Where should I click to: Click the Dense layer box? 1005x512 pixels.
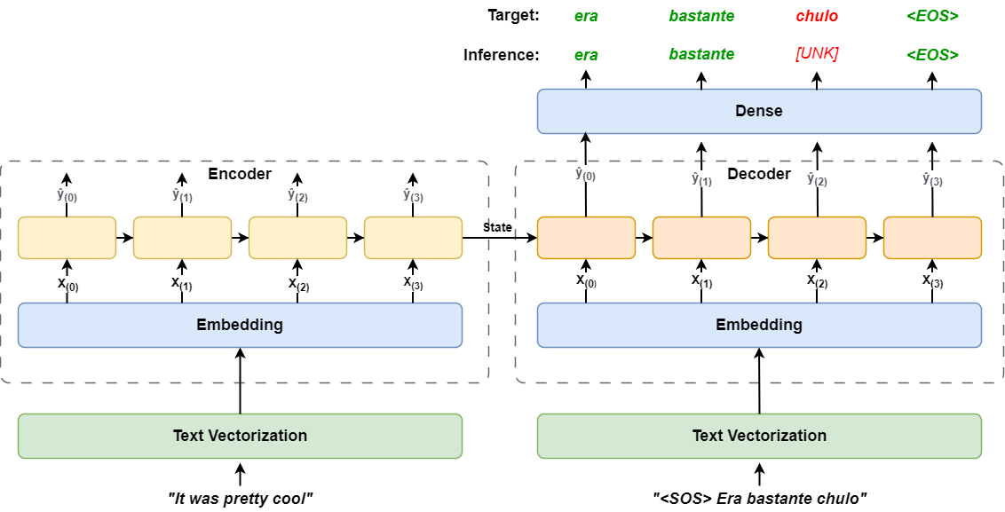pyautogui.click(x=759, y=111)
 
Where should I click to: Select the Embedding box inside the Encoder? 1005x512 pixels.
pyautogui.click(x=240, y=325)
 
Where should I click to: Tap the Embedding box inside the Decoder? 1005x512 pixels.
pyautogui.click(x=759, y=325)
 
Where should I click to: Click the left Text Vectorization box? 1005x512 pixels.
pyautogui.click(x=240, y=436)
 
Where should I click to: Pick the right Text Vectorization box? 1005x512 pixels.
pyautogui.click(x=759, y=436)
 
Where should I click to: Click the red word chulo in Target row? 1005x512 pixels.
pyautogui.click(x=817, y=16)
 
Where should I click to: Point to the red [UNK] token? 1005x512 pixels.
pyautogui.click(x=817, y=54)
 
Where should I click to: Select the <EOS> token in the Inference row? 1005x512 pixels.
pyautogui.click(x=932, y=55)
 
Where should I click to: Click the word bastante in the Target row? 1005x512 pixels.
pyautogui.click(x=701, y=16)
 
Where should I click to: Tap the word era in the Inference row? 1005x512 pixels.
pyautogui.click(x=586, y=55)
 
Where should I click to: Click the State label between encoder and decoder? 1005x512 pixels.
pyautogui.click(x=497, y=228)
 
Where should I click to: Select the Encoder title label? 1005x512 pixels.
pyautogui.click(x=240, y=174)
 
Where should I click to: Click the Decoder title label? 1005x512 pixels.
pyautogui.click(x=759, y=174)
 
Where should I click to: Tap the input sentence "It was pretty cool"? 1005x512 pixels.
pyautogui.click(x=240, y=499)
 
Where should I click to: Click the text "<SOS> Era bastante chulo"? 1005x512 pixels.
pyautogui.click(x=759, y=499)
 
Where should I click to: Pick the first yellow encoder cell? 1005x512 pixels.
pyautogui.click(x=67, y=238)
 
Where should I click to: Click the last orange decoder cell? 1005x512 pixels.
pyautogui.click(x=932, y=238)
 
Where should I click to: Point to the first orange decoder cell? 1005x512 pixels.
pyautogui.click(x=586, y=238)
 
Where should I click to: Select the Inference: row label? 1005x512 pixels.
pyautogui.click(x=501, y=55)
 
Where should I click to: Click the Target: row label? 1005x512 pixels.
pyautogui.click(x=512, y=16)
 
